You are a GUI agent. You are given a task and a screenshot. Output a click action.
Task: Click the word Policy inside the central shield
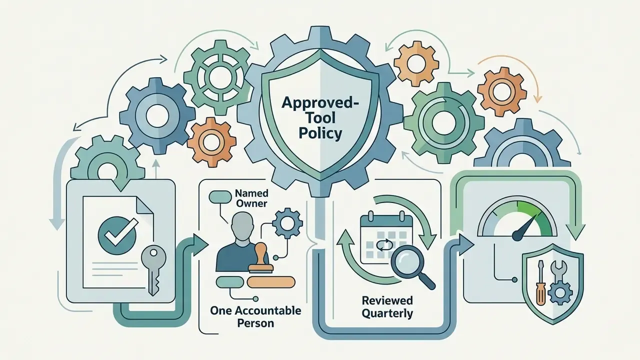(x=320, y=133)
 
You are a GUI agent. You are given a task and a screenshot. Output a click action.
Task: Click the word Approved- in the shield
(x=320, y=103)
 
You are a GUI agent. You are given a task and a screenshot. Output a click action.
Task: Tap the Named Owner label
(x=251, y=198)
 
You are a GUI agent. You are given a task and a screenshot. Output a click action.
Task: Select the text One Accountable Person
(x=255, y=316)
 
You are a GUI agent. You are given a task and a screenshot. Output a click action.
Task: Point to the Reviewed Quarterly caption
(x=387, y=307)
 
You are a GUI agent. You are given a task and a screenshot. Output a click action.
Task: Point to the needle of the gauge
(x=525, y=228)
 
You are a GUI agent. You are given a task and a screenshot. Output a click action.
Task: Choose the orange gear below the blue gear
(x=211, y=142)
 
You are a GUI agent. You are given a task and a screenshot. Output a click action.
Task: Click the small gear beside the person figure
(x=287, y=223)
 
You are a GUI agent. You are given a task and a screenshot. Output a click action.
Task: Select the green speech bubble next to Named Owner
(x=220, y=196)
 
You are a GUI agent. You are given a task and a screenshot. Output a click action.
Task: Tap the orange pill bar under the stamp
(x=270, y=282)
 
